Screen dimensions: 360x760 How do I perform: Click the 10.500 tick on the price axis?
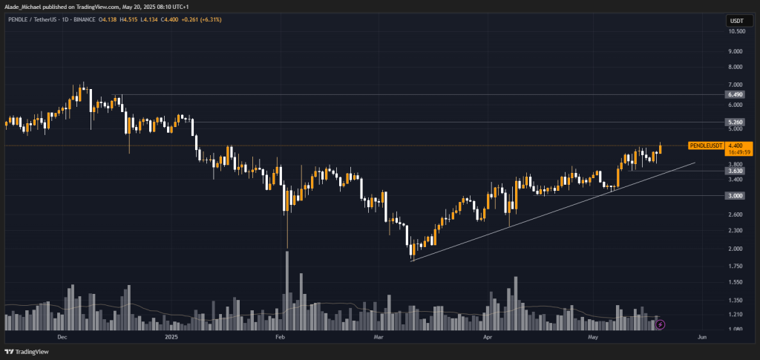coord(736,31)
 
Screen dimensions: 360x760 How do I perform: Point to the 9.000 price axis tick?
coord(736,51)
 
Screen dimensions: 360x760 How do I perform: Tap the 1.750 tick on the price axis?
coord(736,266)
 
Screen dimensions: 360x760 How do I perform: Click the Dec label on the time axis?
coord(62,336)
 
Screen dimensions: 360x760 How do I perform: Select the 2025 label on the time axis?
coord(171,336)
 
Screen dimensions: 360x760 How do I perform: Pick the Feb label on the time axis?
coord(281,336)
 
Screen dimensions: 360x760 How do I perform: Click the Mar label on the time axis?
coord(377,336)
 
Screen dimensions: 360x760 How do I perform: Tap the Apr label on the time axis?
coord(488,336)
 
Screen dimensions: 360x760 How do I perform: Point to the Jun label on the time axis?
coord(701,336)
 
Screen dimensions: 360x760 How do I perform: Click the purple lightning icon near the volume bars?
coord(661,324)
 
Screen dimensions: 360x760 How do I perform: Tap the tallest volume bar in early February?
coord(286,289)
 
